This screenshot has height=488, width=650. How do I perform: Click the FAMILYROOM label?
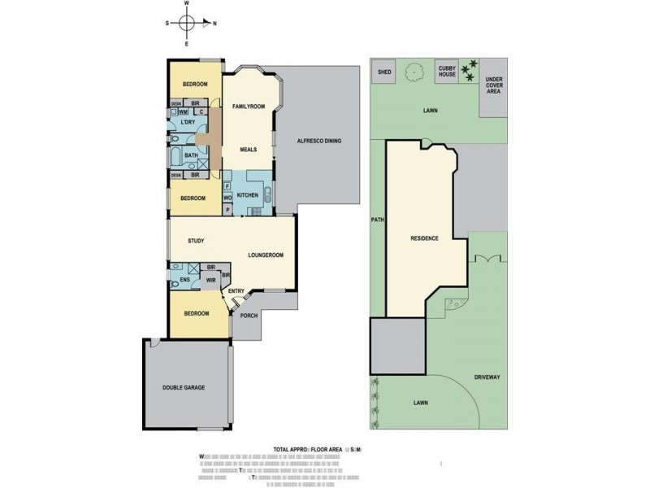click(x=249, y=107)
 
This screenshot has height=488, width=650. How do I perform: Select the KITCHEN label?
click(x=248, y=196)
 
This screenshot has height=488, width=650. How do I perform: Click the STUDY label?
click(x=195, y=241)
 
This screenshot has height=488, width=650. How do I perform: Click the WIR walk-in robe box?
click(x=210, y=281)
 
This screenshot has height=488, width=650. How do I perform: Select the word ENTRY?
click(x=236, y=292)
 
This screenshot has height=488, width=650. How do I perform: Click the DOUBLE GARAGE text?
click(x=183, y=388)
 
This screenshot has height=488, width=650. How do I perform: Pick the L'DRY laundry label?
click(x=188, y=121)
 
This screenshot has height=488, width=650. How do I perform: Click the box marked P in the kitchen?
click(x=227, y=209)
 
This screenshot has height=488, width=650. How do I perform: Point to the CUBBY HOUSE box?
click(x=447, y=72)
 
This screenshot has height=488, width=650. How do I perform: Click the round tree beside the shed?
click(x=415, y=72)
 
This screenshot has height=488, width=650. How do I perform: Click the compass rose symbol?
click(x=188, y=24)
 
